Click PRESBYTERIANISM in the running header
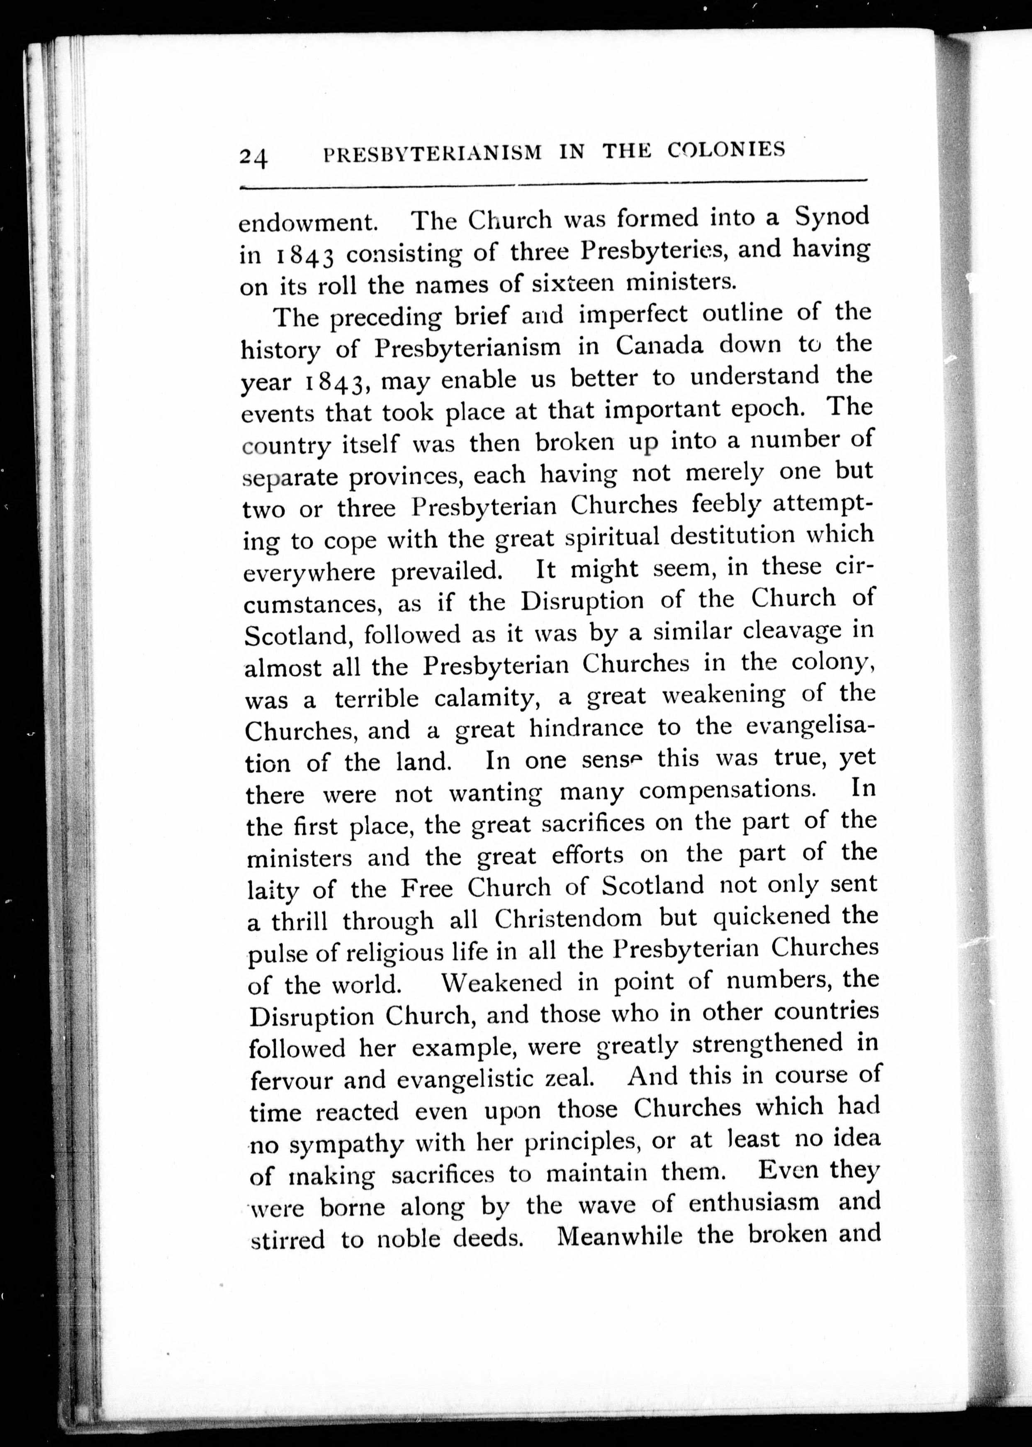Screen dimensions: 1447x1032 (x=433, y=153)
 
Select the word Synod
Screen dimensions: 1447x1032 (x=832, y=216)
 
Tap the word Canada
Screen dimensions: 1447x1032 (x=660, y=345)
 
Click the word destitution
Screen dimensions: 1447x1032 (x=733, y=536)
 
